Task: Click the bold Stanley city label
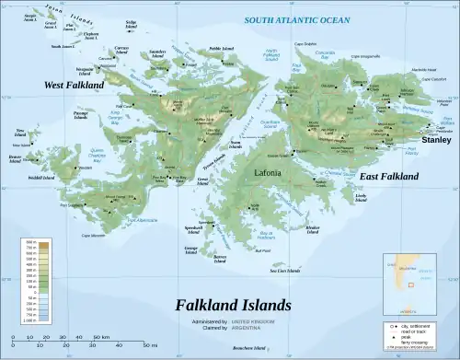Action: click(x=436, y=140)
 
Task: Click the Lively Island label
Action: click(x=361, y=197)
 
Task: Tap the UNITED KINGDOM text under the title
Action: click(x=275, y=319)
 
